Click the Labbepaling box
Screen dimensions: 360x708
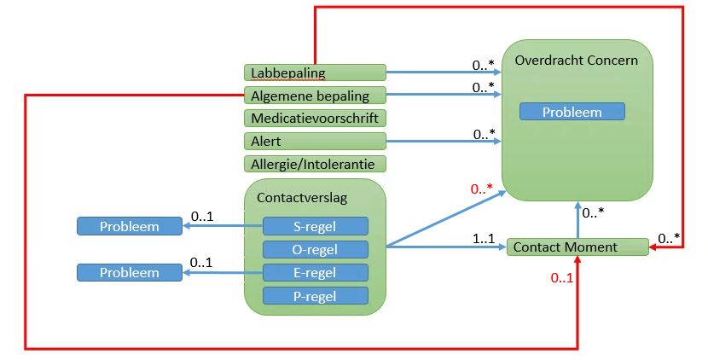[x=314, y=73]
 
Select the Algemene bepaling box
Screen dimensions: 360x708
[x=314, y=95]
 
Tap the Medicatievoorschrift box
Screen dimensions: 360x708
[x=314, y=118]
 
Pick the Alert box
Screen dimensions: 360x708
[x=314, y=141]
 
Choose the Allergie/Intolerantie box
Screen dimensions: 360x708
[x=314, y=164]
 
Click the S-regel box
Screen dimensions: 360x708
[x=315, y=226]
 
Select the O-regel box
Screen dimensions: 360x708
[x=315, y=249]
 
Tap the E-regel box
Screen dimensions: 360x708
[x=315, y=272]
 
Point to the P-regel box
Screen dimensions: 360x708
[x=315, y=296]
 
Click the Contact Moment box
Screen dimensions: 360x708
[x=577, y=247]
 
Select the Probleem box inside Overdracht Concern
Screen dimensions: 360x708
[x=572, y=112]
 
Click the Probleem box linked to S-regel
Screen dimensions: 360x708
[x=129, y=226]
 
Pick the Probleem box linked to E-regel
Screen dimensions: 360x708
[x=129, y=272]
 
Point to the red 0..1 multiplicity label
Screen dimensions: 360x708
[x=561, y=277]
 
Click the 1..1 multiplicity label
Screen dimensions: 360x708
[x=484, y=240]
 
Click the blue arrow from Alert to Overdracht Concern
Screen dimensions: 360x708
[x=444, y=141]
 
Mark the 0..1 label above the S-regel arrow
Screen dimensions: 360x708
[x=201, y=217]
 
